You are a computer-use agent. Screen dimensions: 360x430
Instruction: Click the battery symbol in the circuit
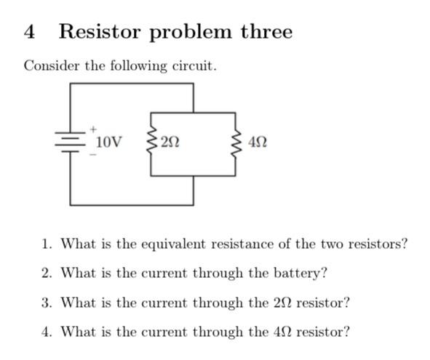71,141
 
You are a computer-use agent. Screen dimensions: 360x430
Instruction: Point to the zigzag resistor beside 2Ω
151,142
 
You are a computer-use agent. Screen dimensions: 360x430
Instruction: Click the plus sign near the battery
93,129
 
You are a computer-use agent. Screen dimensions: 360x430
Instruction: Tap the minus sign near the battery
92,154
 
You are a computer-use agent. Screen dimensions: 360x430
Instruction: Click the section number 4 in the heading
29,32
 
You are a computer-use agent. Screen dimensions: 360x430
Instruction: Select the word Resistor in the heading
102,32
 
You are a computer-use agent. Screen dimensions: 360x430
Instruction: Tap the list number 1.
46,244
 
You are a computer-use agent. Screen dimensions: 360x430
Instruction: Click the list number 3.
46,303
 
